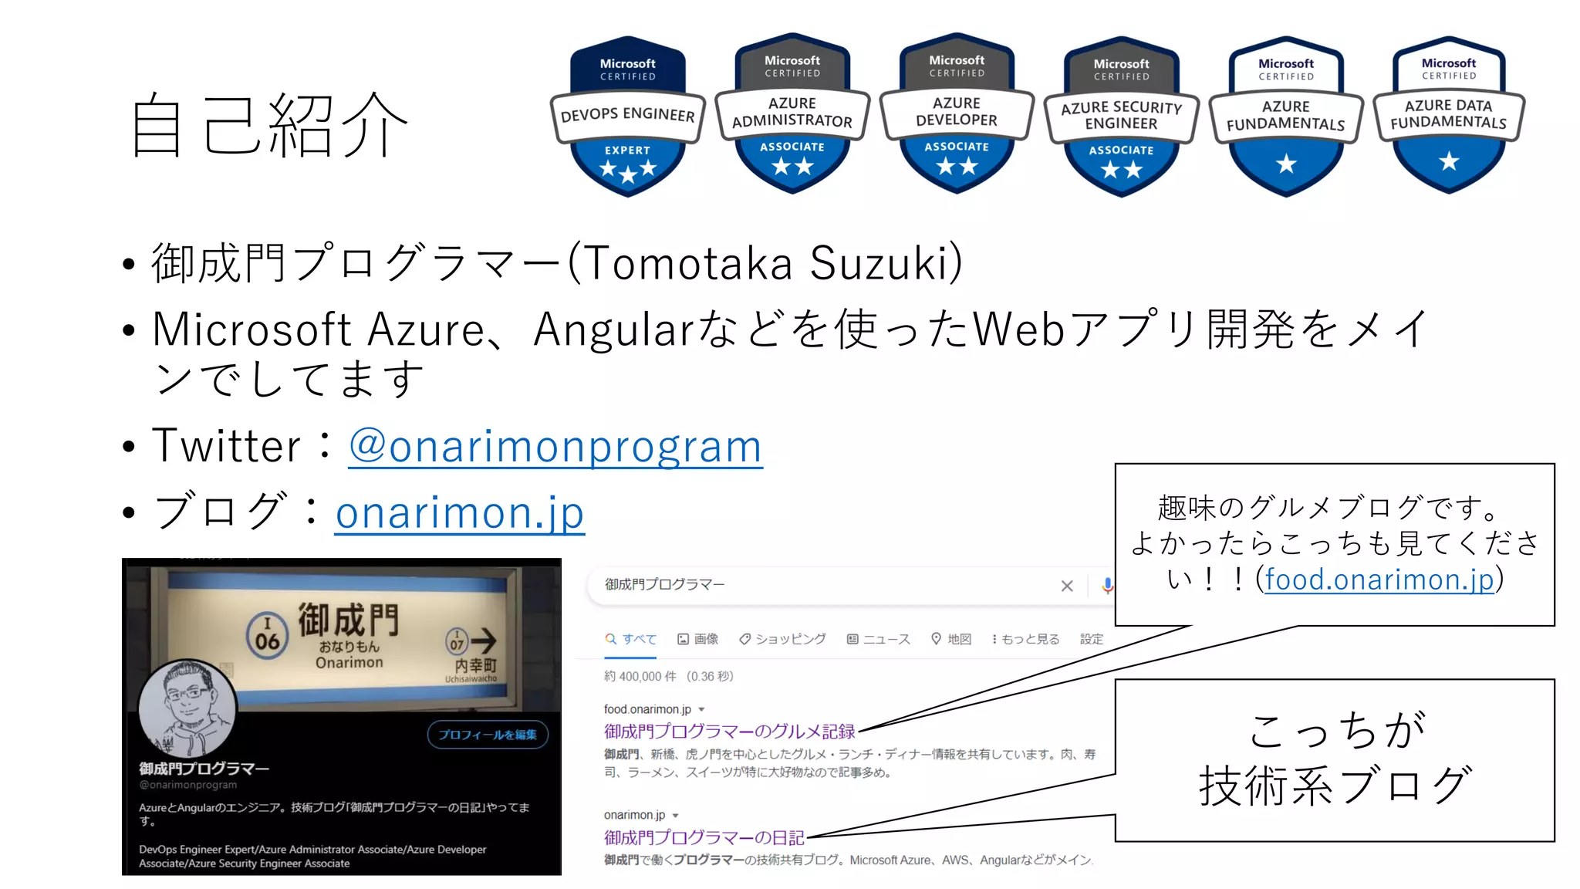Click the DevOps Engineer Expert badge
628,116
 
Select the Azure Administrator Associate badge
792,113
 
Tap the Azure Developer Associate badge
957,113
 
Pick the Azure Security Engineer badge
1121,116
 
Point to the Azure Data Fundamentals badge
1449,114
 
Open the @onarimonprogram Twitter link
555,447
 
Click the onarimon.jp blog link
460,513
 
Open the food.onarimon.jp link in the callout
1379,580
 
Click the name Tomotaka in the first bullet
687,263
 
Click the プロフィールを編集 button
488,735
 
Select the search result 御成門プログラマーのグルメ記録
729,731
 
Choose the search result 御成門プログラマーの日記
704,837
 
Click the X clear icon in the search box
1067,586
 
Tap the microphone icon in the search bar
1107,586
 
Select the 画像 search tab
697,639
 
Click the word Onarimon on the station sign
349,663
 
